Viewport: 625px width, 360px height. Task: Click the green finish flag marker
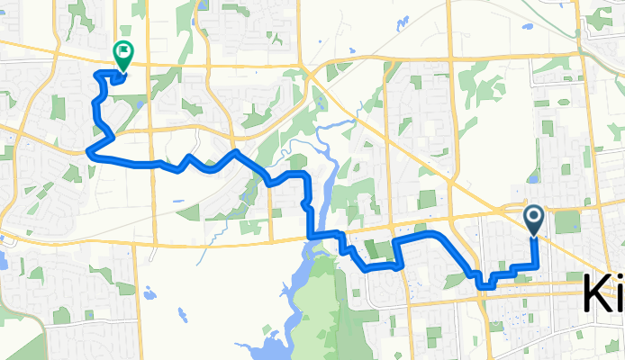(x=121, y=55)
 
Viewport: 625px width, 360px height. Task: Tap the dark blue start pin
(x=533, y=218)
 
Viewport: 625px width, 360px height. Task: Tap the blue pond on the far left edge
(x=3, y=261)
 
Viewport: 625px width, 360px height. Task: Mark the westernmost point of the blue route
(x=87, y=151)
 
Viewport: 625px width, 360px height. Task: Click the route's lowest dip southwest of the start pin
(x=483, y=285)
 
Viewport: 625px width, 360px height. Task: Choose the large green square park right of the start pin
(x=567, y=221)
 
